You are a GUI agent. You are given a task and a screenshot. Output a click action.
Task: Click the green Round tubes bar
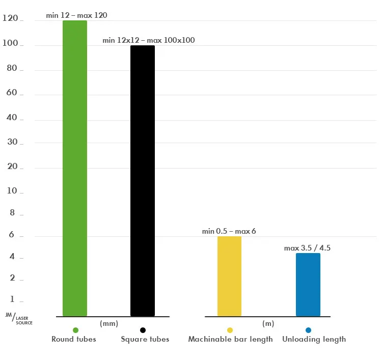pyautogui.click(x=75, y=168)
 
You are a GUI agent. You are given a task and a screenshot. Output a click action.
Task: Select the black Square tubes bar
pyautogui.click(x=143, y=181)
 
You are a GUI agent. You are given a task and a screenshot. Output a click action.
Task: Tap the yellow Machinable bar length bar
pyautogui.click(x=229, y=276)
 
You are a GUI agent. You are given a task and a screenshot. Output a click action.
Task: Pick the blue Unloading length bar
pyautogui.click(x=308, y=285)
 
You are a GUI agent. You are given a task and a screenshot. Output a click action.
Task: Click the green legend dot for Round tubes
pyautogui.click(x=75, y=330)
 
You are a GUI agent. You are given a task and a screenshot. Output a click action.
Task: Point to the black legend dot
pyautogui.click(x=143, y=330)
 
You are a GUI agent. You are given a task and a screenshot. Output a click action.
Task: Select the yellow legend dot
pyautogui.click(x=230, y=330)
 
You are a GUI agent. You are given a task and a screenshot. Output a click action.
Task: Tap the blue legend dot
pyautogui.click(x=308, y=330)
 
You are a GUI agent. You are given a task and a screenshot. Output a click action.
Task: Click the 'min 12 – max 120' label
pyautogui.click(x=76, y=15)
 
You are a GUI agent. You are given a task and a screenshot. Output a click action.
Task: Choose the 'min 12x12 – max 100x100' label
pyautogui.click(x=148, y=40)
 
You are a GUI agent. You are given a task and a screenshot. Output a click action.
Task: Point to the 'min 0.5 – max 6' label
pyautogui.click(x=229, y=231)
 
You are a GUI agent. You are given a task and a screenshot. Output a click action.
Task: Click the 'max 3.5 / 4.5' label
pyautogui.click(x=307, y=248)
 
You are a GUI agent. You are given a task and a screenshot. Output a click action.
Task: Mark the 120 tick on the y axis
pyautogui.click(x=10, y=19)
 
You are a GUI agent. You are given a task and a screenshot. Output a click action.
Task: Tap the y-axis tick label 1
pyautogui.click(x=13, y=299)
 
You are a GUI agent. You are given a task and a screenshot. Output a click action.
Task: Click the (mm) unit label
pyautogui.click(x=109, y=323)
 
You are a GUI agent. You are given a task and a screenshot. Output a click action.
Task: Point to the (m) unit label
pyautogui.click(x=268, y=323)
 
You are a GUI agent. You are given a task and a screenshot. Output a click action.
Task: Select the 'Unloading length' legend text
pyautogui.click(x=314, y=339)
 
